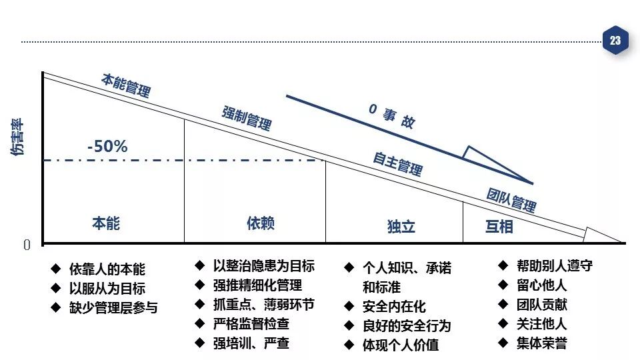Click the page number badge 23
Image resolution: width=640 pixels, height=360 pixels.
point(615,41)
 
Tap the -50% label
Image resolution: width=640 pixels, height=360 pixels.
point(107,147)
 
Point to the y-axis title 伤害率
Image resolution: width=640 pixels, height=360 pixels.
point(17,137)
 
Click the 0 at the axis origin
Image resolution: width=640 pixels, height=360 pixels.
point(27,245)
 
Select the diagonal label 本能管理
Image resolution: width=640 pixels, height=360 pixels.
point(126,85)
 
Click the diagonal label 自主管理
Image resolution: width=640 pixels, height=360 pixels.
point(397,163)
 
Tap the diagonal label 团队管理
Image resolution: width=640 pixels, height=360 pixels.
point(511,199)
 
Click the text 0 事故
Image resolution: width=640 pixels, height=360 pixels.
point(392,116)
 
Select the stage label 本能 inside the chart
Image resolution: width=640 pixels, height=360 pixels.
point(106,223)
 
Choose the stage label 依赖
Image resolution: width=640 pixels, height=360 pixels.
point(260,223)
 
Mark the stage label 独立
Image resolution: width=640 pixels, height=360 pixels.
point(401,227)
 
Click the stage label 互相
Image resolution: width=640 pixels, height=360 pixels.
point(499,227)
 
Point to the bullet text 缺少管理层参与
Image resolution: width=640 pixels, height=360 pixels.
point(113,308)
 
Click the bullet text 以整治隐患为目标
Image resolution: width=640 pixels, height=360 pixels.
point(264,266)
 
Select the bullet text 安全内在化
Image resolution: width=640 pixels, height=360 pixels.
point(394,307)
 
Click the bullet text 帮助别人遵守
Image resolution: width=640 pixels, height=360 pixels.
point(554,265)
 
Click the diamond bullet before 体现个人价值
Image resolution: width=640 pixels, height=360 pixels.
point(349,345)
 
